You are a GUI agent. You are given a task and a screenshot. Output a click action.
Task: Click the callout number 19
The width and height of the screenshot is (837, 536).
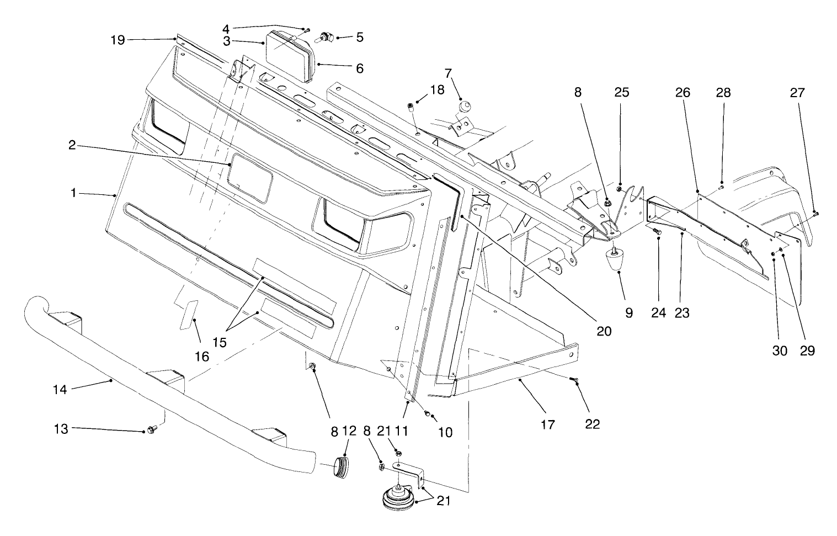[x=118, y=39]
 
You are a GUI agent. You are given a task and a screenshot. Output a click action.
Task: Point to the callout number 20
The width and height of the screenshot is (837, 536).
[x=604, y=331]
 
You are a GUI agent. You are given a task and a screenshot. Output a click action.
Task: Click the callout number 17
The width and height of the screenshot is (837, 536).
[x=548, y=424]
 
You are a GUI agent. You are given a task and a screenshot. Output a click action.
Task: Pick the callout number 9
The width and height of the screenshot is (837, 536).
[x=629, y=313]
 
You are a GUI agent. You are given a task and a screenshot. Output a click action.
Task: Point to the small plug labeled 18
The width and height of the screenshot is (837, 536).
[x=410, y=107]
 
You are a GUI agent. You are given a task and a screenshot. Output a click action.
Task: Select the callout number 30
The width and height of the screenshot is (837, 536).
[x=780, y=351]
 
